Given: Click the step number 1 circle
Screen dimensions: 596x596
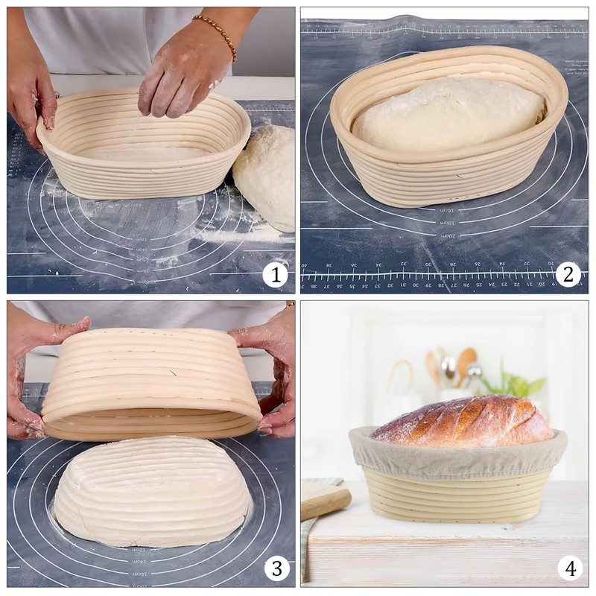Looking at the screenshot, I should pos(275,275).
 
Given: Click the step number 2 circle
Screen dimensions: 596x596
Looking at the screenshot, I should pos(568,275).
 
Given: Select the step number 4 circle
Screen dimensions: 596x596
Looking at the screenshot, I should pos(570,569).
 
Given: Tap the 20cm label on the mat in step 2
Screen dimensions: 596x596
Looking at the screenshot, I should pos(447,235).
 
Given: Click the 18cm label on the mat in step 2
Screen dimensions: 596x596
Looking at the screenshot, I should pos(446,223).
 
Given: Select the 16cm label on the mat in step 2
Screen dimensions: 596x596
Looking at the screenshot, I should pos(446,211).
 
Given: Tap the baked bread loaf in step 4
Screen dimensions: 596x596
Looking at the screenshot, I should pos(462,421).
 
